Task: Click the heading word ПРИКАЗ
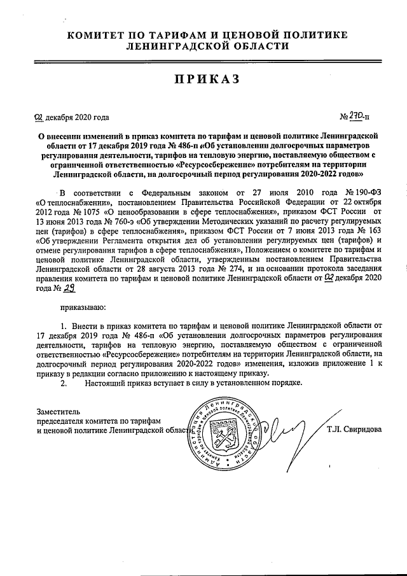204,79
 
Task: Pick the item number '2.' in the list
62,384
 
